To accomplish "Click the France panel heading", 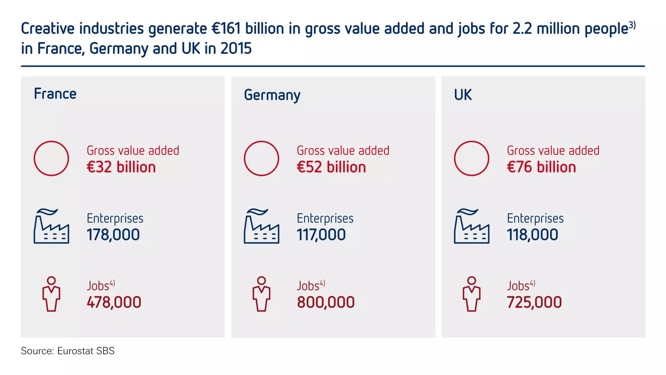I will coord(55,94).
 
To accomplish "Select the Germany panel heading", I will coord(272,95).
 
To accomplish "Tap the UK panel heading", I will coord(463,95).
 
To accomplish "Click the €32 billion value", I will coord(121,167).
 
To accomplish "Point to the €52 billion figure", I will coord(331,167).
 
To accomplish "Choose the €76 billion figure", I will coord(541,167).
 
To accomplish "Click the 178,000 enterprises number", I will coord(113,235).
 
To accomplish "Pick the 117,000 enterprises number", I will coord(321,235).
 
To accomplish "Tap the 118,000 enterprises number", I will coord(532,235).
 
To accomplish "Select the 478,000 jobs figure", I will coord(114,302).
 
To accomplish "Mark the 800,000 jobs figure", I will coord(326,302).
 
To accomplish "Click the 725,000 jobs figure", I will coord(534,302).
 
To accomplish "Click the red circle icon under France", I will coord(51,158).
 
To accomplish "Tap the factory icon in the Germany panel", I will coord(262,226).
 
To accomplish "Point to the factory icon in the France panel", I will coord(51,226).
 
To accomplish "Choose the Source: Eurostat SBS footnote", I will coord(68,351).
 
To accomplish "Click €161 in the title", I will coord(226,28).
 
